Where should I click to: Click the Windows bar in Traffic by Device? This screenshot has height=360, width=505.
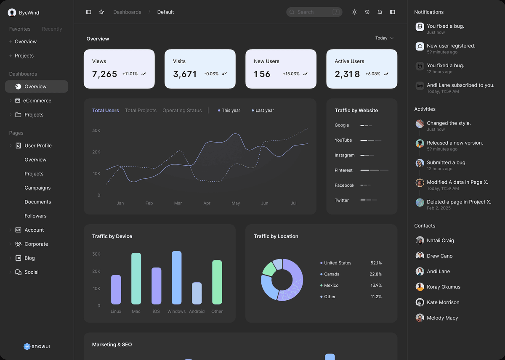[x=177, y=278]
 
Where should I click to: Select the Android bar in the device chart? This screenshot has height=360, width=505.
[x=197, y=293]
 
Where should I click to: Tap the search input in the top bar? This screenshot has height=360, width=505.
[x=314, y=12]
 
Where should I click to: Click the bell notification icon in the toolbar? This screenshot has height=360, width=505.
[x=380, y=12]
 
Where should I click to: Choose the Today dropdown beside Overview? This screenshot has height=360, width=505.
[x=384, y=38]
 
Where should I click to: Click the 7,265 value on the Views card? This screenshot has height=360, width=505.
[x=105, y=74]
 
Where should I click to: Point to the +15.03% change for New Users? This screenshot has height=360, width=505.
[x=291, y=74]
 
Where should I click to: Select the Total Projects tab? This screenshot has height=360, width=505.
[x=141, y=111]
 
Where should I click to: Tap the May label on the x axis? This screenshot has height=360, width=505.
[x=236, y=203]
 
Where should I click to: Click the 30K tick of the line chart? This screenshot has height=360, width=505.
[x=96, y=130]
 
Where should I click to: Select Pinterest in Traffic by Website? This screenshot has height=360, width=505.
[x=344, y=170]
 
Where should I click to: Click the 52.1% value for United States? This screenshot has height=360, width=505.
[x=376, y=263]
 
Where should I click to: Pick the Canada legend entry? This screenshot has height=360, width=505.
[x=332, y=274]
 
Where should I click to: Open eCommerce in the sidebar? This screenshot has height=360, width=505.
[x=37, y=101]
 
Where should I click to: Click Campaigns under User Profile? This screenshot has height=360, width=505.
[x=37, y=188]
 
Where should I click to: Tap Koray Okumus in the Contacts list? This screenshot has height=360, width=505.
[x=444, y=287]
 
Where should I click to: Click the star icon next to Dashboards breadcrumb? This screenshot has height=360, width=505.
[x=101, y=12]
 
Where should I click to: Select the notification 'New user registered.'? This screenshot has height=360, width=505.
[x=451, y=46]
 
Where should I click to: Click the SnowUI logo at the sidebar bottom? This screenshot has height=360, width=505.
[x=37, y=347]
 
